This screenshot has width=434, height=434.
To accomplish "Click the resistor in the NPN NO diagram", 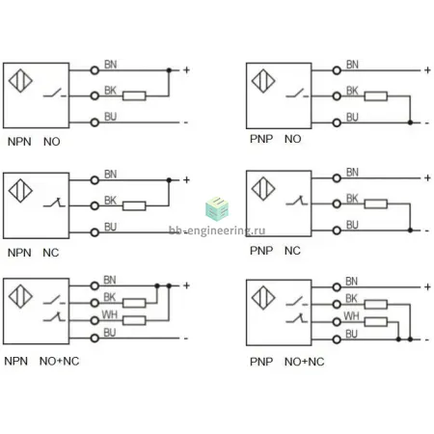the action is tap(134, 95).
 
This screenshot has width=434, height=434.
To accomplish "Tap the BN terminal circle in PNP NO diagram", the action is tap(337, 70).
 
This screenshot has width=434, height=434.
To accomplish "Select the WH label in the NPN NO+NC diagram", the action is tap(109, 314).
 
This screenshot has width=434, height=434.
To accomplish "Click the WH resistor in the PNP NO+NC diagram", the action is tap(376, 322).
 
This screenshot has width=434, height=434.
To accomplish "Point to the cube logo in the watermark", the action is tap(217, 208).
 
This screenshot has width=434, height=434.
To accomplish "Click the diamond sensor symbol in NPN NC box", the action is tap(20, 191).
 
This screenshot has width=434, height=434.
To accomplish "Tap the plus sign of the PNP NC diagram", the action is tap(427, 177).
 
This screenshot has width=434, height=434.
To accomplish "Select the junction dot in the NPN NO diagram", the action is tap(169, 70).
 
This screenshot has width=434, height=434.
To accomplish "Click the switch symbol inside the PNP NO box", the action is tap(297, 93).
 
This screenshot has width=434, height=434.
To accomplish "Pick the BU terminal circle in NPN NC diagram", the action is tap(95, 232).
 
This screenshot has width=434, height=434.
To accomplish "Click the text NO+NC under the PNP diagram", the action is tap(304, 362).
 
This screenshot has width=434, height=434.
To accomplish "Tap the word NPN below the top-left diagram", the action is tap(19, 142).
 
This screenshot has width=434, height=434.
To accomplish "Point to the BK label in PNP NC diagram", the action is tap(352, 199).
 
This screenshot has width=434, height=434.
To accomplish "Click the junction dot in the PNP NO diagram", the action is tap(410, 122).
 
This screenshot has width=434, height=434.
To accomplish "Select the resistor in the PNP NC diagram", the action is tap(376, 203).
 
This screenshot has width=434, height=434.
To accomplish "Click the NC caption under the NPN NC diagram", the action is tap(51, 253).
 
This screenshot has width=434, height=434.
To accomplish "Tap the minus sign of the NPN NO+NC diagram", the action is tap(185, 339).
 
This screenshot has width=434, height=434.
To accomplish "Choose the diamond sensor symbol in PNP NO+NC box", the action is tap(263, 298).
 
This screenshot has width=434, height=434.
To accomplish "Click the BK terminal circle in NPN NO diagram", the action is tap(95, 95).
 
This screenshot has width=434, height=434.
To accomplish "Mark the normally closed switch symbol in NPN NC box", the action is tap(54, 203).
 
